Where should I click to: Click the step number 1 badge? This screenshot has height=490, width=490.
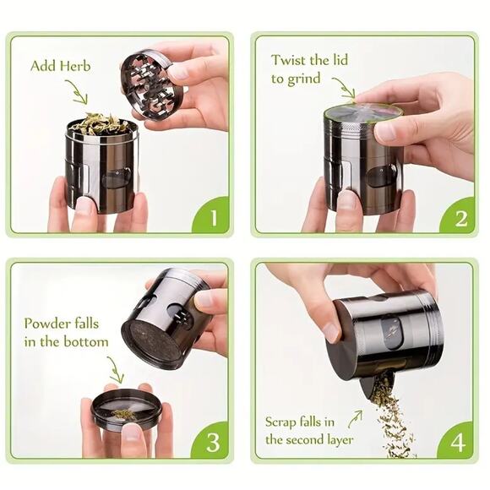(212, 216)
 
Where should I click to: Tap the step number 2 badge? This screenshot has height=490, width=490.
(460, 216)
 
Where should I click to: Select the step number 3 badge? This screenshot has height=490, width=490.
(212, 442)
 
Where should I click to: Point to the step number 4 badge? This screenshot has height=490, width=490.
(460, 442)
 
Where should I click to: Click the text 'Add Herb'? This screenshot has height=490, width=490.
(62, 65)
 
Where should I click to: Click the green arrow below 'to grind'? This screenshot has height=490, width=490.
(344, 88)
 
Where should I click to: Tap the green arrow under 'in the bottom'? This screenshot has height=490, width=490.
(113, 369)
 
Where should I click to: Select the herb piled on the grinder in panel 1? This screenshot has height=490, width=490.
(100, 124)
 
